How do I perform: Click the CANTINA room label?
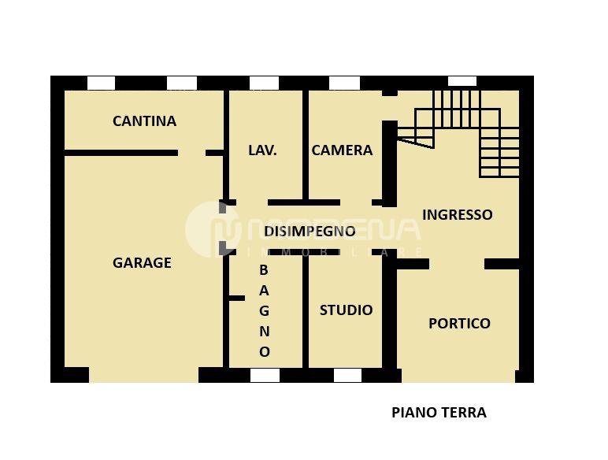coord(144,121)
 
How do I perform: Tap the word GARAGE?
coord(142,263)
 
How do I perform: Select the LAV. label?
coord(262,150)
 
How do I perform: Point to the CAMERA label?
coord(342,150)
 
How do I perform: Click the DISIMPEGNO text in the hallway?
coord(310,232)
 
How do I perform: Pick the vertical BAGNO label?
coord(265,311)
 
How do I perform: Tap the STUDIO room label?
coord(346,310)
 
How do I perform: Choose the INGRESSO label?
coord(458,214)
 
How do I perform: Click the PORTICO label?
coord(459,323)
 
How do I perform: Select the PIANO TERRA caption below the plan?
coord(439,412)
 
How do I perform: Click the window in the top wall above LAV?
coord(264,83)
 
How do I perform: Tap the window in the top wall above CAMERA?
coord(344,83)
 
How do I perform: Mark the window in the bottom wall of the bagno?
coord(265,375)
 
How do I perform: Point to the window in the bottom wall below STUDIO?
coord(347,375)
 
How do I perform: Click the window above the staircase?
coord(462,81)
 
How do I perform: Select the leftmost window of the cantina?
coord(101,83)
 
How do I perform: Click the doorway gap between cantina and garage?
coord(191,153)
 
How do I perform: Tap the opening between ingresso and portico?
coord(457,264)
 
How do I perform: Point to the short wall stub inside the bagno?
coord(236,298)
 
